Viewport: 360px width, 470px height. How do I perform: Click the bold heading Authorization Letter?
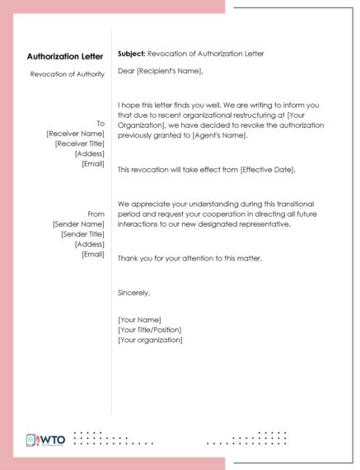65,57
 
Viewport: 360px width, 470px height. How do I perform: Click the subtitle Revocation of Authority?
68,74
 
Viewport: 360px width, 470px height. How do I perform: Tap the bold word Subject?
131,53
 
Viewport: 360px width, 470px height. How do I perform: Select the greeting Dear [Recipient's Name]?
160,71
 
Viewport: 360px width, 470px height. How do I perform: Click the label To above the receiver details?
101,123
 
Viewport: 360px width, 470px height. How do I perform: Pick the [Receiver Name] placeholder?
76,133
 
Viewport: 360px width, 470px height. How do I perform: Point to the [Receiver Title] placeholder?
79,143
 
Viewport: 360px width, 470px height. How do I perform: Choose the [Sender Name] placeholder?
78,223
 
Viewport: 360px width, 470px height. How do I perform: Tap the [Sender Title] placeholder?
82,233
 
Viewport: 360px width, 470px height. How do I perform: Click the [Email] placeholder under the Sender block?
93,254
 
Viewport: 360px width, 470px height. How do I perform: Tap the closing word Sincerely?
134,293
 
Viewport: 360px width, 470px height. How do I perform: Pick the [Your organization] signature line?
150,339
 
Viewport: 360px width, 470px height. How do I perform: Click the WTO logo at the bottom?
46,440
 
